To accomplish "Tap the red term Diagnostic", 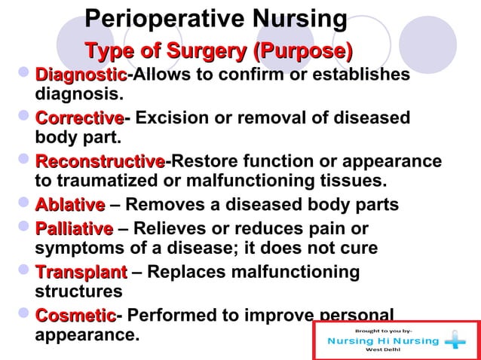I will pos(81,75).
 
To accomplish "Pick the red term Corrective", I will pos(79,118).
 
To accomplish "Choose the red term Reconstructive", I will pos(100,162).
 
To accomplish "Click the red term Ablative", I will pos(70,206).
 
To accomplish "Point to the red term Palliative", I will pos(74,228).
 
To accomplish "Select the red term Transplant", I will pos(81,272).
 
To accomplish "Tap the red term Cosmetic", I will pos(75,315).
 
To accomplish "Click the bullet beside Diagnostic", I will pos(25,75).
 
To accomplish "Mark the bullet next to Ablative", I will pos(25,205).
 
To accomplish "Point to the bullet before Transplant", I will pos(25,271).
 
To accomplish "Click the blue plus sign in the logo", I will pos(455,341).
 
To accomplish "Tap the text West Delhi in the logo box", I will pos(383,350).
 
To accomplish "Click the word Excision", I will pos(169,118).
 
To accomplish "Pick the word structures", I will pos(78,291).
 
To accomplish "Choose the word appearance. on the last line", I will pos(87,334).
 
